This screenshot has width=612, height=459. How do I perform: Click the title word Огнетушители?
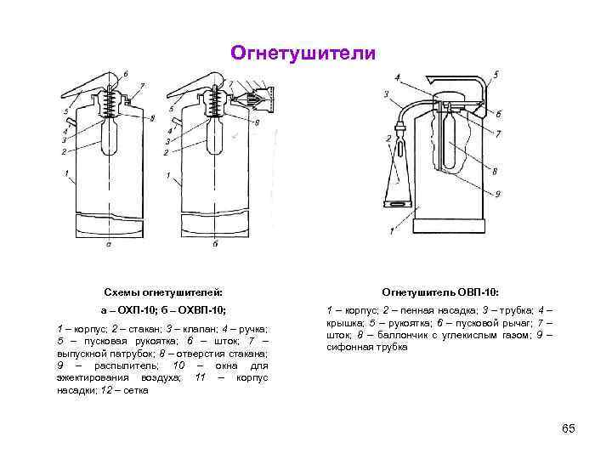click(303, 54)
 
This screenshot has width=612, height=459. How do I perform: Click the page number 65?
click(569, 428)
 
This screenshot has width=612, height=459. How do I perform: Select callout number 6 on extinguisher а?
click(127, 75)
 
